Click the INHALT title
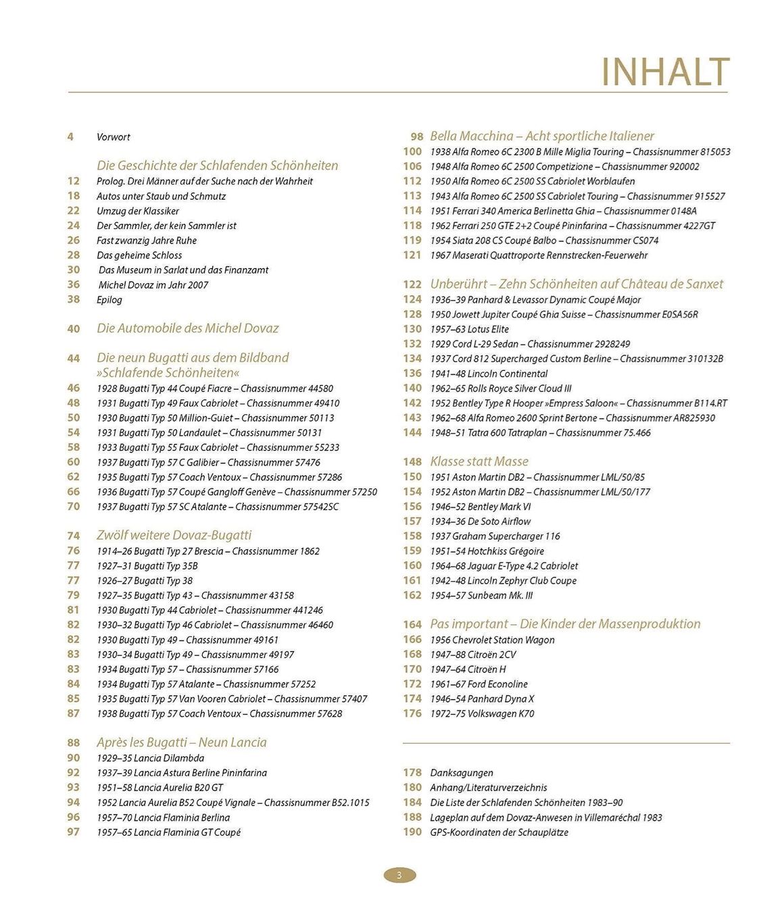[665, 72]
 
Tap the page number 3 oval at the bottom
[399, 876]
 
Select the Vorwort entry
[114, 137]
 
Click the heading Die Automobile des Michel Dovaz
[187, 328]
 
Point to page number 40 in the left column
[73, 329]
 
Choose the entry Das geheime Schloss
[139, 255]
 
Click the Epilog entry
[109, 300]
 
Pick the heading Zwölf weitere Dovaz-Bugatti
[174, 535]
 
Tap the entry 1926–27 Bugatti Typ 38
[145, 580]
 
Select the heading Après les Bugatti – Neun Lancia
[181, 742]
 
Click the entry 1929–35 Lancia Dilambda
[150, 758]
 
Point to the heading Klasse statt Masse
[479, 461]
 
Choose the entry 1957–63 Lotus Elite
[469, 329]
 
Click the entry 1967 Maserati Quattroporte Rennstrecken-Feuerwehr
[539, 255]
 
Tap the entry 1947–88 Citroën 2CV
[473, 655]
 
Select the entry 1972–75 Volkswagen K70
[482, 713]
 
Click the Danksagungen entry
[462, 773]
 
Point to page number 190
[412, 832]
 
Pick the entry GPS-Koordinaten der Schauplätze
[499, 832]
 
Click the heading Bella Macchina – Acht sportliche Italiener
[542, 136]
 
